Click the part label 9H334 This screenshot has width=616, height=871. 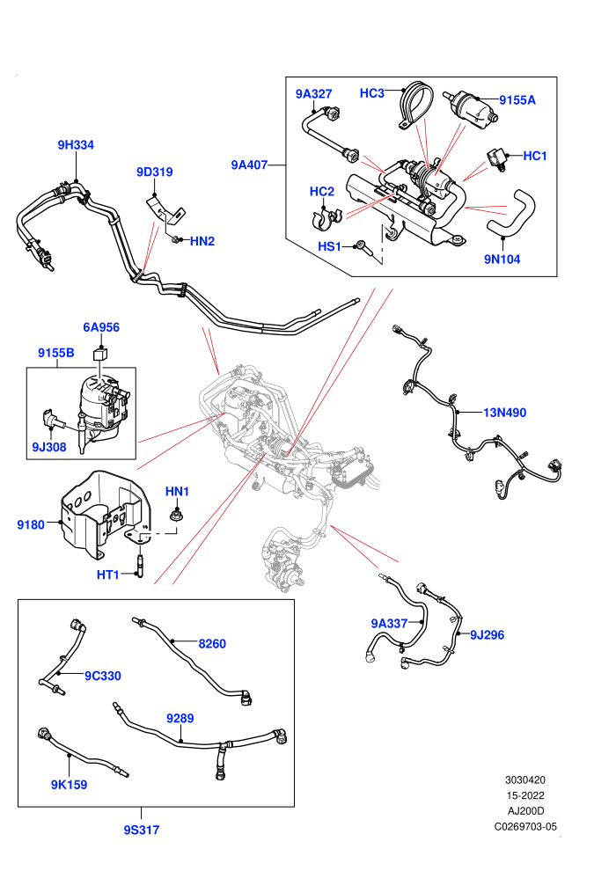[76, 145]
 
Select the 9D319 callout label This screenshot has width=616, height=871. [154, 172]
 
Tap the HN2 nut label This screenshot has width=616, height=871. [202, 241]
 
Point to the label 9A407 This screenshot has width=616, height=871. [249, 165]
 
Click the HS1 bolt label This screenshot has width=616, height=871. [329, 246]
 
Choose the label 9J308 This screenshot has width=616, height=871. [49, 447]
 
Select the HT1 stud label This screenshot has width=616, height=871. [107, 575]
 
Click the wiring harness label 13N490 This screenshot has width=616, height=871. [504, 413]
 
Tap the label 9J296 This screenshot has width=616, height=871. [488, 635]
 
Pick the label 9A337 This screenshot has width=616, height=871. [389, 624]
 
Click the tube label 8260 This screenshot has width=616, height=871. [212, 644]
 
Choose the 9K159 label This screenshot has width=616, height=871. [69, 785]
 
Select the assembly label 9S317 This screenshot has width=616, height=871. [141, 830]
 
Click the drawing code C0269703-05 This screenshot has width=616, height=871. [525, 826]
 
